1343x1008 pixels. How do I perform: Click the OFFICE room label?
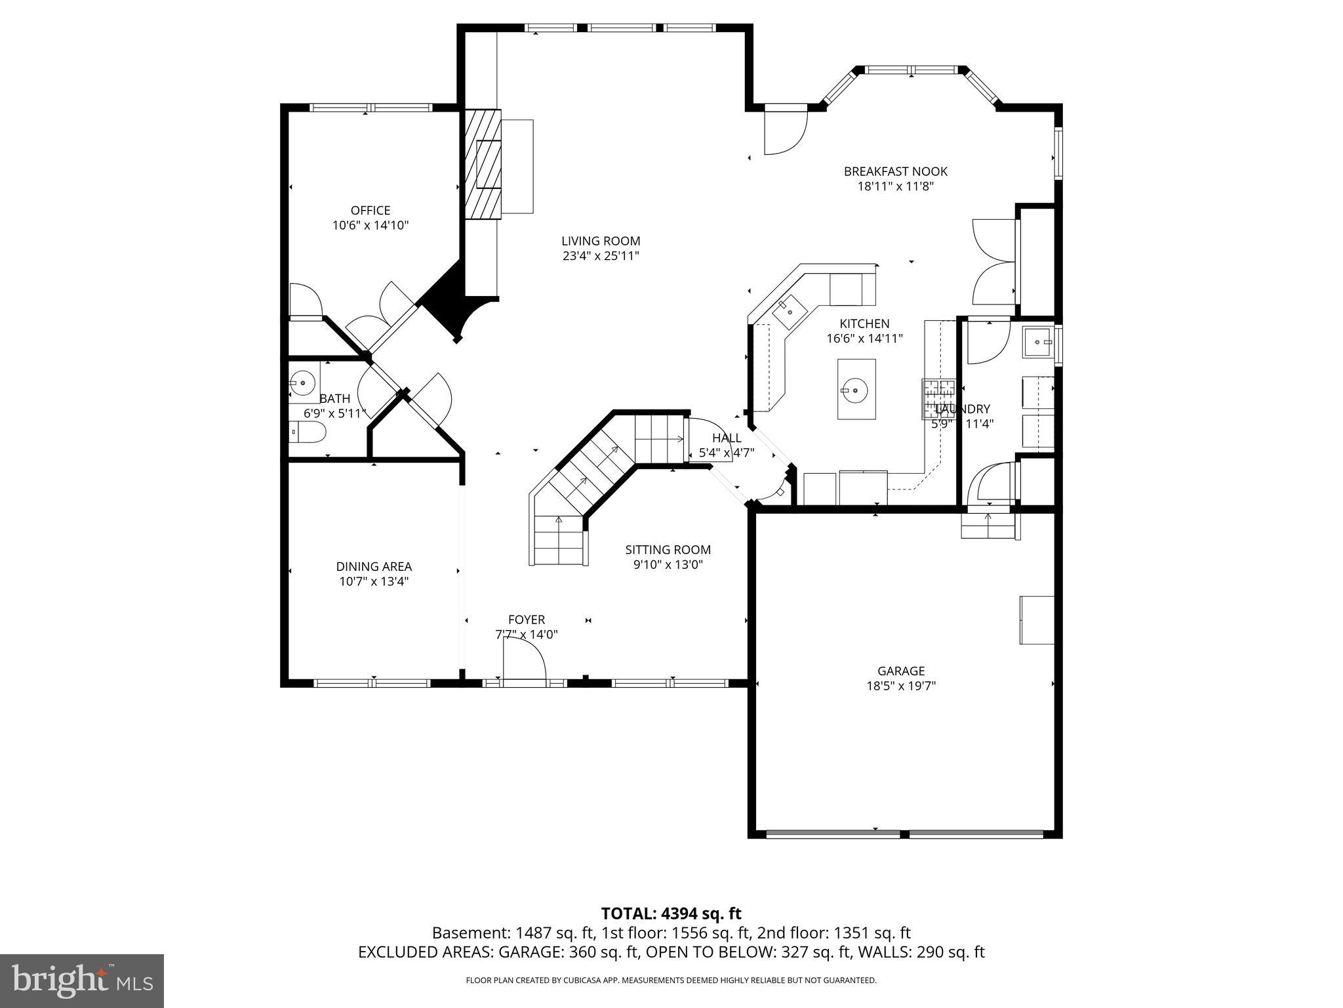[x=371, y=211]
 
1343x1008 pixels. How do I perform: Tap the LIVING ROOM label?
[x=601, y=241]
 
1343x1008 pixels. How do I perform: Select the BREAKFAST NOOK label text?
[x=896, y=172]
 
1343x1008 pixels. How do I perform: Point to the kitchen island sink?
[x=856, y=390]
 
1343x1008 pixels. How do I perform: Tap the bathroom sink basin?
[x=303, y=381]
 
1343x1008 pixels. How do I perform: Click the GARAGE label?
[x=901, y=671]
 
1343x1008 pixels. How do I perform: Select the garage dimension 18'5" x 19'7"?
[x=901, y=686]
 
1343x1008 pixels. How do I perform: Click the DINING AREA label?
[x=374, y=566]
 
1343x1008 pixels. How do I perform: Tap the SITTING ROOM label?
[x=668, y=550]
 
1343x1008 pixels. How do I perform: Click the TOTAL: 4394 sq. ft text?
[x=671, y=913]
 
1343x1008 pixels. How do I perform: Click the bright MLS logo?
[x=82, y=980]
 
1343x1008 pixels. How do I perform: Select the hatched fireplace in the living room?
[x=483, y=166]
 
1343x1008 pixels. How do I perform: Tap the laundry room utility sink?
[x=1038, y=342]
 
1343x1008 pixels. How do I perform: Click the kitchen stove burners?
[x=939, y=399]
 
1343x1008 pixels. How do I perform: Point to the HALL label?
[x=727, y=438]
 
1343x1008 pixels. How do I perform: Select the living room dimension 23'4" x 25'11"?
[x=601, y=257]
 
